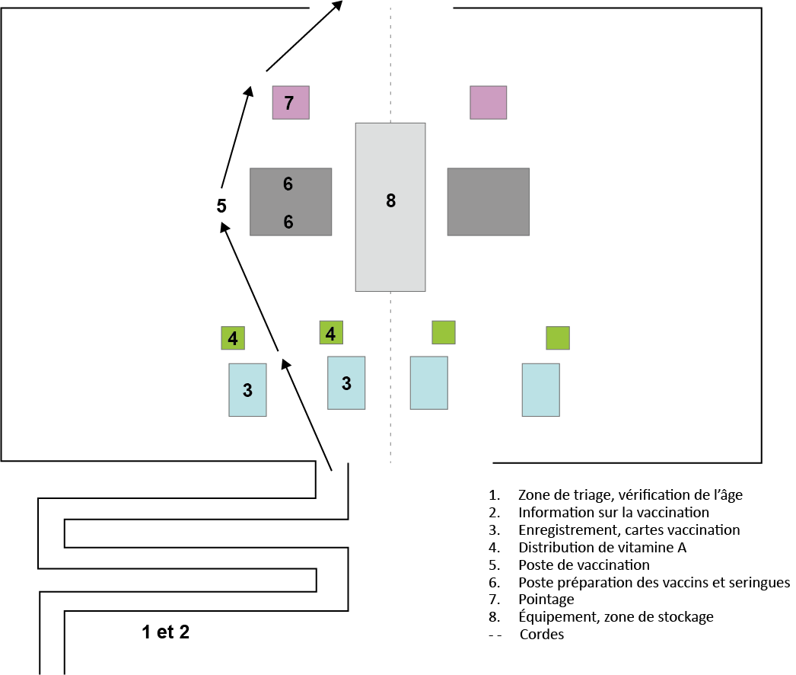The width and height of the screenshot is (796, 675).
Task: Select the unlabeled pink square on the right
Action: [x=488, y=103]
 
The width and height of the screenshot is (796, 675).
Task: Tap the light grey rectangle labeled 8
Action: [x=390, y=207]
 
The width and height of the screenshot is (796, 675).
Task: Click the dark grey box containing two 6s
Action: [x=291, y=202]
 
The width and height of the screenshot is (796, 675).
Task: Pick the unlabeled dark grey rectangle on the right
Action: [x=488, y=202]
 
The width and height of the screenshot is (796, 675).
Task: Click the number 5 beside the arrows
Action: [x=221, y=206]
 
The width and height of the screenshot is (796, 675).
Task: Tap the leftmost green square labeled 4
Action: [x=233, y=337]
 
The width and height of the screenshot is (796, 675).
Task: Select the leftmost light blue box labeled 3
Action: [x=247, y=389]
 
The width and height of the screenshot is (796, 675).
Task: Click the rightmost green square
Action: [x=557, y=337]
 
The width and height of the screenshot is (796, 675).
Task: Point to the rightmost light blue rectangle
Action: [x=540, y=389]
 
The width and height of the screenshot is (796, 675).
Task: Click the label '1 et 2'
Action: [x=165, y=632]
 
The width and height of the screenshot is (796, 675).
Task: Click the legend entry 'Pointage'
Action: [x=546, y=600]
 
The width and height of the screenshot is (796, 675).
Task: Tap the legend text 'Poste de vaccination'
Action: [x=584, y=565]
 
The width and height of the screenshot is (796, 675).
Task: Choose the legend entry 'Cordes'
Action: [x=542, y=635]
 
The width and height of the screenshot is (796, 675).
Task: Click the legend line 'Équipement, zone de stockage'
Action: [x=616, y=617]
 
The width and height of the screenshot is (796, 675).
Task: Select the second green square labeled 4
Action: [x=331, y=332]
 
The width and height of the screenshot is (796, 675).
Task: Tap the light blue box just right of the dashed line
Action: [x=428, y=382]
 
